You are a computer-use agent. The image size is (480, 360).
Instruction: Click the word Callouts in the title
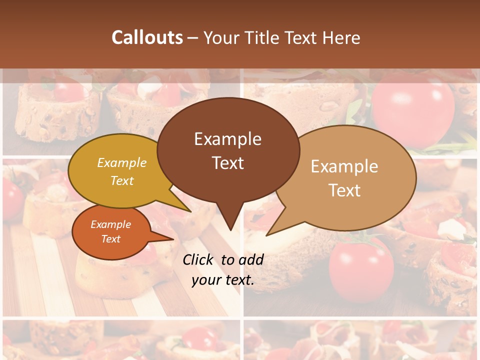coord(147,37)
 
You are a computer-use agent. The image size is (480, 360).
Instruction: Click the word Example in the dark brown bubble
coord(227,139)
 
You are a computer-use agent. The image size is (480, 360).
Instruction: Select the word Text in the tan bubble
coord(344,190)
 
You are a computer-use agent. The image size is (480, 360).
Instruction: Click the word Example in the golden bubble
coord(122,163)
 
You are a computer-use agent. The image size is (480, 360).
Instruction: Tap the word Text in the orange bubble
coord(110,239)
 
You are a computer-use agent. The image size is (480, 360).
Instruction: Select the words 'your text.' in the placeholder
coord(222,280)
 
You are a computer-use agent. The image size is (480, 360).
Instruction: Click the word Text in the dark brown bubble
coord(227,163)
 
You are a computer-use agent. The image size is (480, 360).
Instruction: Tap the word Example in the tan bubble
coord(344,166)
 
